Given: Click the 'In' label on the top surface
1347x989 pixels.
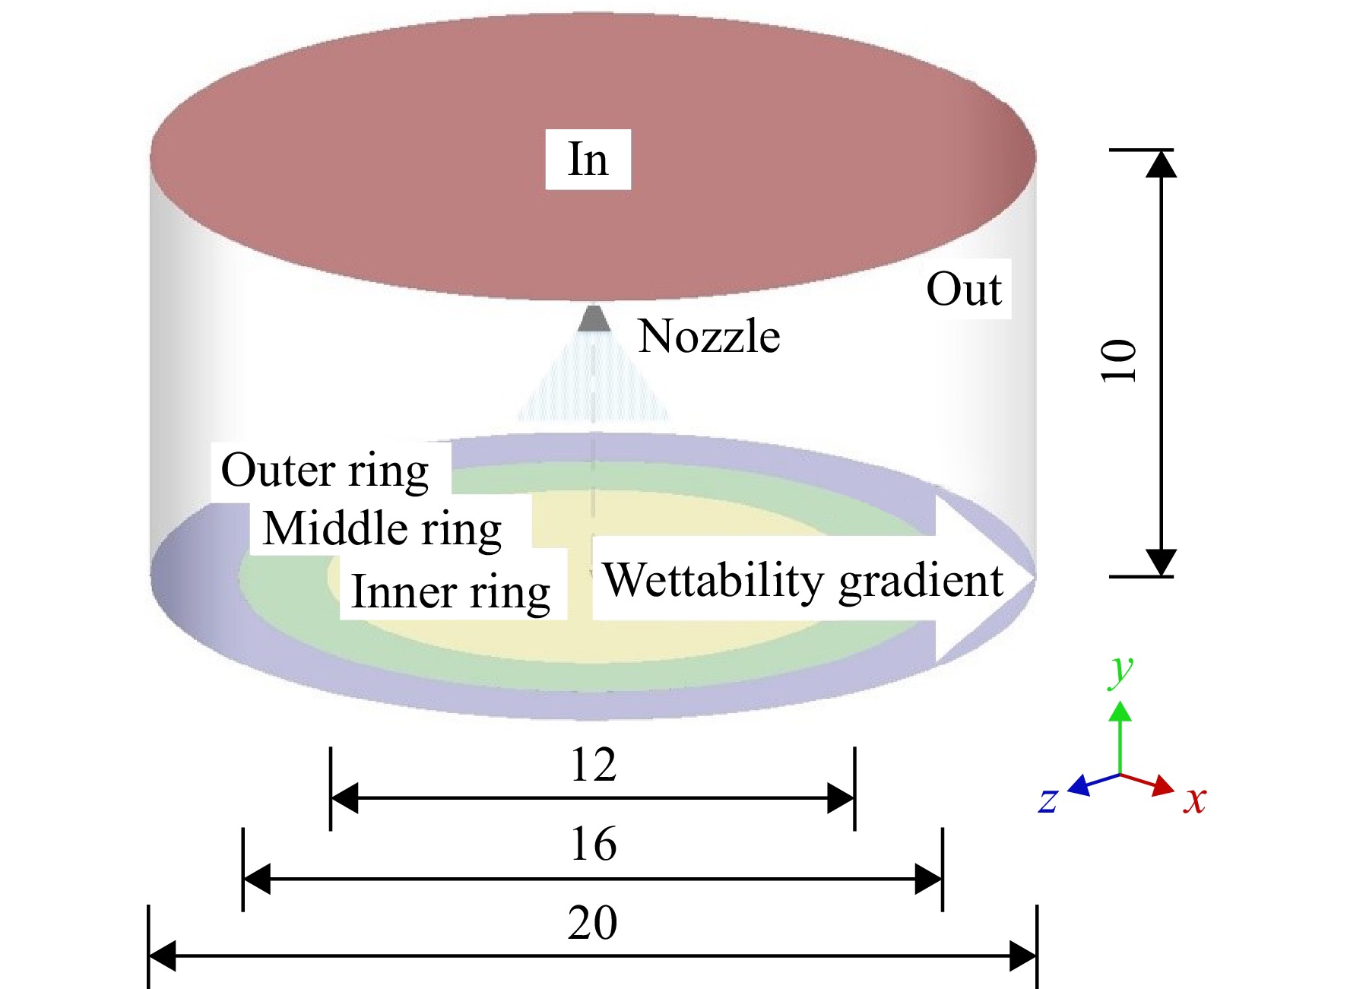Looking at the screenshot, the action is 588,160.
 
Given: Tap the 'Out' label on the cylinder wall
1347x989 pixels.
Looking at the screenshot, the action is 964,289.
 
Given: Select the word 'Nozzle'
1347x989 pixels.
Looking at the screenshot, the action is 709,336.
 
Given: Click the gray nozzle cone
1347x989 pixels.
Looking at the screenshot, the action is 594,318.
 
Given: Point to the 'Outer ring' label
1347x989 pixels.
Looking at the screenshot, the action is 325,471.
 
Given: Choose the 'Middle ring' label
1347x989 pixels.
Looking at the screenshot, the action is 382,529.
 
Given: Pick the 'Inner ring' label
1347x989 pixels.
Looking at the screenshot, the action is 451,593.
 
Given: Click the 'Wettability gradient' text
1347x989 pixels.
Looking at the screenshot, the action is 803,582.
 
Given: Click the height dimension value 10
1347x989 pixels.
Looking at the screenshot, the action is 1118,360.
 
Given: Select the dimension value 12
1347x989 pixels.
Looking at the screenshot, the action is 593,765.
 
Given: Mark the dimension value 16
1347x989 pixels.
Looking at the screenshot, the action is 593,844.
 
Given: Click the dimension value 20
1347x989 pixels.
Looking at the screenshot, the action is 593,923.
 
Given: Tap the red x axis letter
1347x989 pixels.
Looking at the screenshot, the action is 1195,800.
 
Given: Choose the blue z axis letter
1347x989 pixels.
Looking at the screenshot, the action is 1048,800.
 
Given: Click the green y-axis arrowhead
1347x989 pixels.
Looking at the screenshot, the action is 1120,711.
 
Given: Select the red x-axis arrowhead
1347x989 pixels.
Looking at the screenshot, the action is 1164,785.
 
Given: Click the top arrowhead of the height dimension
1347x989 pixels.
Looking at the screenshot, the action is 1161,163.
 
